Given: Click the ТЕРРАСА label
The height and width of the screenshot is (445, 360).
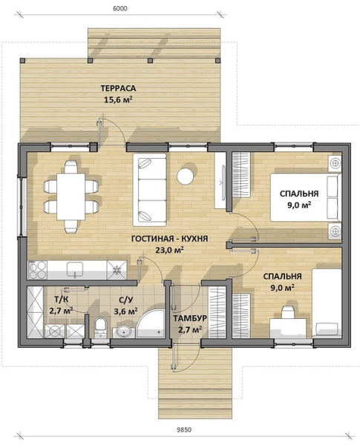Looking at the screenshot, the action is coord(118,88).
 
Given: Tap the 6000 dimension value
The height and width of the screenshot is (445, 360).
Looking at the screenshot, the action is coord(120,8).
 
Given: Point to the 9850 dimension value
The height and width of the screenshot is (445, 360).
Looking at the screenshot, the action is coord(184,429).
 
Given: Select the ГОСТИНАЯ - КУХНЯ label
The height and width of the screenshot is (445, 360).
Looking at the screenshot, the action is coord(170,239).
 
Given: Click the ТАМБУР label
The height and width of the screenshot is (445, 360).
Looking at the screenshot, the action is coord(190,318).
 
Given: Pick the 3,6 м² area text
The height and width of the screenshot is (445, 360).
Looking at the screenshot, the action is coord(126,311).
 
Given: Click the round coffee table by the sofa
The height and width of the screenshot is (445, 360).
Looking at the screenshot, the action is coord(186,176).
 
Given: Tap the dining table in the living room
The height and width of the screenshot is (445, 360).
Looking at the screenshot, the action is coord(71,197).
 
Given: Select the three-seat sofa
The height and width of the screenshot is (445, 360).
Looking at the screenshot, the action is coord(149,190).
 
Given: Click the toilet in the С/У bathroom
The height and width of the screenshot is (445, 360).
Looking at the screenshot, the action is coord(100,327).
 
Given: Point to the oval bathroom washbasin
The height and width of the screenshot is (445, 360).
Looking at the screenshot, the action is coord(124,332).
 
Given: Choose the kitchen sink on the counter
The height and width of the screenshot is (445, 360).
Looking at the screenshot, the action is coord(75,269).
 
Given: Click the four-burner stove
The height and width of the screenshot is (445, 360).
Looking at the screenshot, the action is coord(38,270).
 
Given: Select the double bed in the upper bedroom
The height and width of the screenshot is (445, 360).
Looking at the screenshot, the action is coord(306,197).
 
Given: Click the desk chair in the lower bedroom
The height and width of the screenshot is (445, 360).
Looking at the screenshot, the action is coord(289,313).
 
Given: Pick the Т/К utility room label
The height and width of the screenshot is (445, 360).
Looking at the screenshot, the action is coord(61,299).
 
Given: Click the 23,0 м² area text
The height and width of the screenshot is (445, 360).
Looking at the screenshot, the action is coord(169,250).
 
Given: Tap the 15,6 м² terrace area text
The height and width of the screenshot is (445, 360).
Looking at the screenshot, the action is coord(119,100).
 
